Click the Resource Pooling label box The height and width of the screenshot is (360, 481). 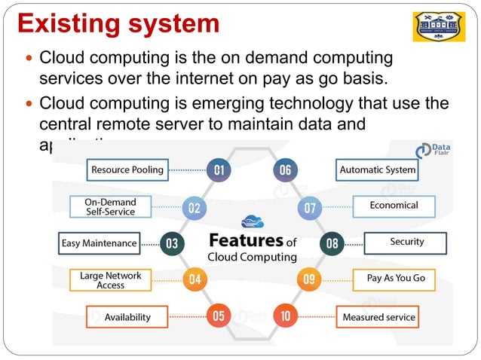coord(127,169)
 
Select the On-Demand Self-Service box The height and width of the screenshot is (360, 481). coord(109,206)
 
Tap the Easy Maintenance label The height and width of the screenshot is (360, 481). coord(99,243)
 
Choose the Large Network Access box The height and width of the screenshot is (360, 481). coord(111,280)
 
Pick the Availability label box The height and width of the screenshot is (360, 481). coord(127,316)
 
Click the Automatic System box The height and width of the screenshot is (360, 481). coord(377,169)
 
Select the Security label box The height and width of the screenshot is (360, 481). coord(406,243)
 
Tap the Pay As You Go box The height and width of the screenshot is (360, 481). coord(395,279)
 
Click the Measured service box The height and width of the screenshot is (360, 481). coord(378,316)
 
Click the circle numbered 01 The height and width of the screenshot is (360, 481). coord(219,170)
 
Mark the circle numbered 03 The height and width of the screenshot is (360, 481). coord(172,243)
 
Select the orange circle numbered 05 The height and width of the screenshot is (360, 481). coord(219,316)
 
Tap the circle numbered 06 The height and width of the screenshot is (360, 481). coord(285,170)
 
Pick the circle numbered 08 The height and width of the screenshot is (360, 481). coord(332,243)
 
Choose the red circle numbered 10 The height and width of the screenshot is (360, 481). coord(285,316)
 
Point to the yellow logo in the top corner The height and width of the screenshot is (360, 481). coord(444,26)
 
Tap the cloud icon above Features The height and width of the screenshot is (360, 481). coord(252,221)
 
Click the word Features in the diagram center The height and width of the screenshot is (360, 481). coord(245,240)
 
